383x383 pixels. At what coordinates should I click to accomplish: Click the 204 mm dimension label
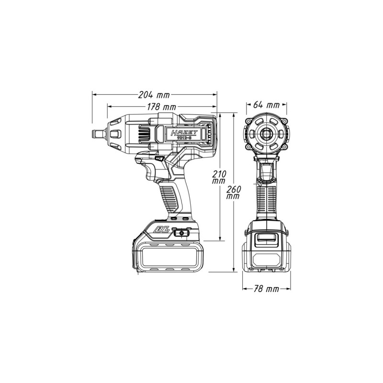(155, 94)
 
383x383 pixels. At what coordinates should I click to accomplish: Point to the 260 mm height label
(234, 191)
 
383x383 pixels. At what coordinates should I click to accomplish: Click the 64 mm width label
(266, 105)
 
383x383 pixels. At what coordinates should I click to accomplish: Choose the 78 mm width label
(266, 289)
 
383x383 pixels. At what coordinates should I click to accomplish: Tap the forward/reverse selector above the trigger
(159, 158)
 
